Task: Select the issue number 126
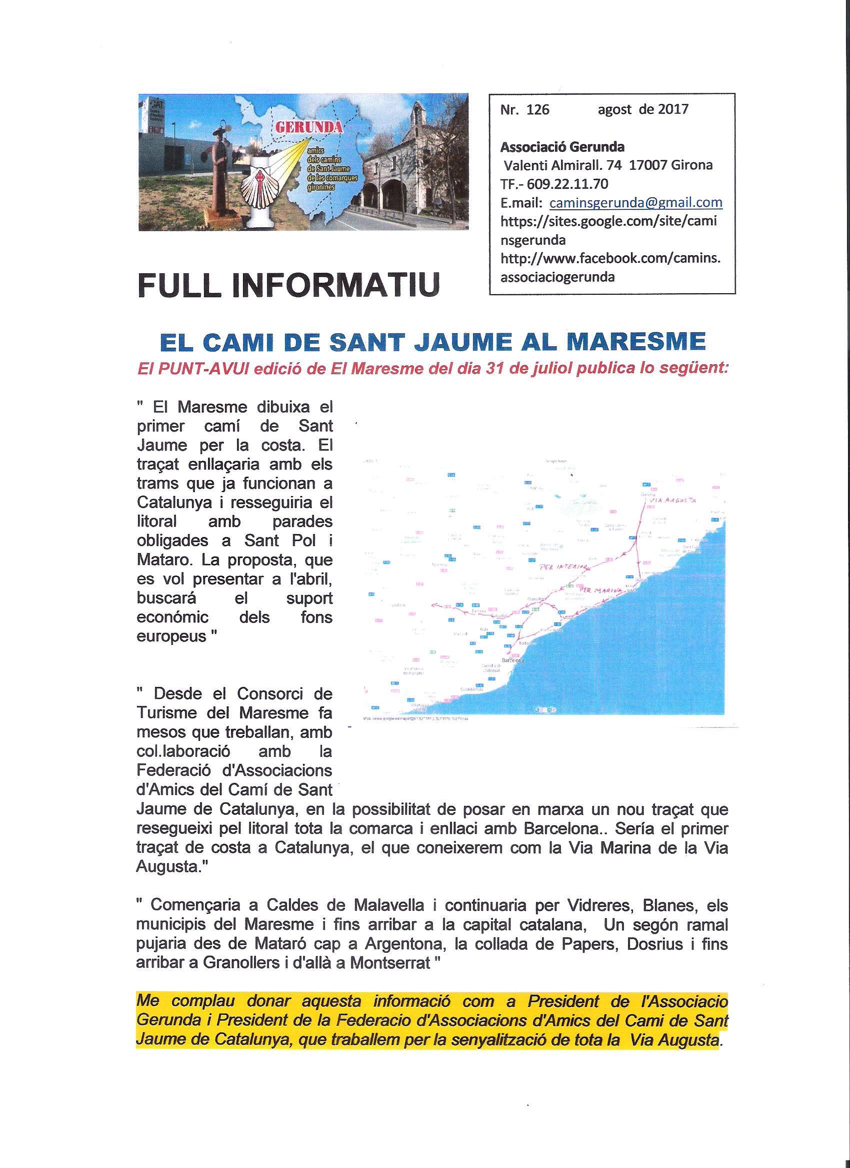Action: tap(537, 110)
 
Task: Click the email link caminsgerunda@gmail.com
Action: tap(635, 202)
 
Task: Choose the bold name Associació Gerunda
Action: tap(562, 147)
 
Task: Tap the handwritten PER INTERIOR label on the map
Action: tap(563, 567)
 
